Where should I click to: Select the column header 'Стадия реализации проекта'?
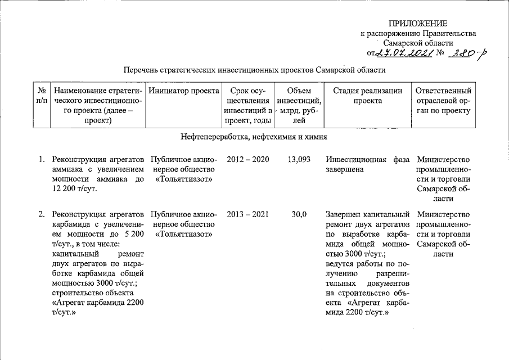tap(368, 95)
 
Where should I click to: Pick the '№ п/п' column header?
tap(40, 95)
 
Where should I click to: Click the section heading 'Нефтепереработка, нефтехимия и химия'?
tap(254, 137)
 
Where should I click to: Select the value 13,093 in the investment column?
tap(299, 159)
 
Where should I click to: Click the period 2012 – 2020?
tap(247, 159)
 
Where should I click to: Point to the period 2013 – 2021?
tap(247, 214)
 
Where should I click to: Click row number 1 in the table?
tap(42, 159)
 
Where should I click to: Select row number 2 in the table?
tap(42, 214)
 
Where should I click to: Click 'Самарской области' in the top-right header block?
tap(418, 43)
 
